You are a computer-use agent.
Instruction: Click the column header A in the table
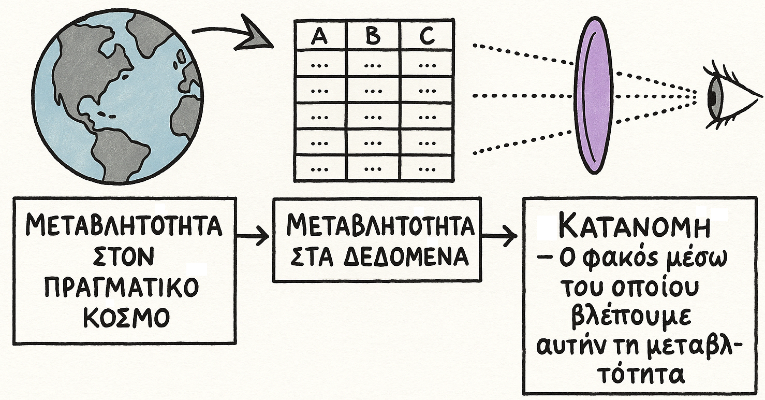tap(320, 37)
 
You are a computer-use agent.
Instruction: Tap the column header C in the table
tap(427, 37)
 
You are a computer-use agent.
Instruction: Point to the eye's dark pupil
tap(713, 96)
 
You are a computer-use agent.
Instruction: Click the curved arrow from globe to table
tap(233, 35)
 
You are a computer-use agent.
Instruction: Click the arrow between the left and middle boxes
tap(254, 237)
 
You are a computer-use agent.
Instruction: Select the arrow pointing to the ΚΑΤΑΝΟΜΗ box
tap(500, 237)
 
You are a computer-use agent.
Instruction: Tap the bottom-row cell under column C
tap(427, 169)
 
